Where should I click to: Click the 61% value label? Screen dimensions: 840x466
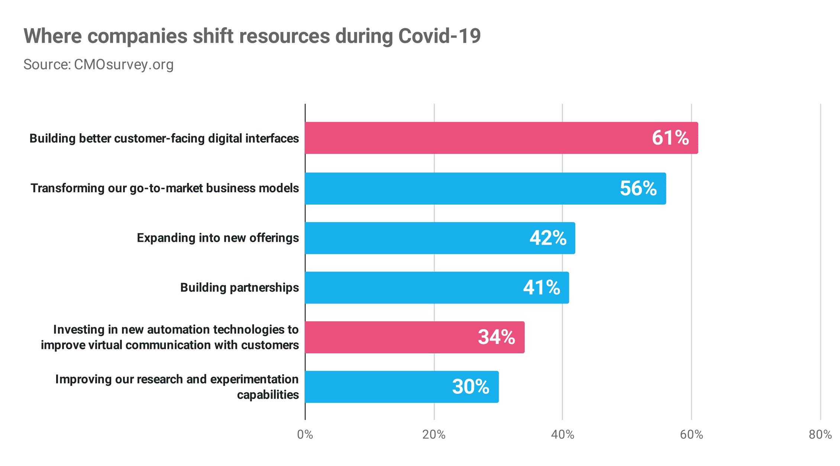[x=670, y=138]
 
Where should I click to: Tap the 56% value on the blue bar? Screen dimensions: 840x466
[x=638, y=188]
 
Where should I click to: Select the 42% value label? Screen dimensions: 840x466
[x=548, y=238]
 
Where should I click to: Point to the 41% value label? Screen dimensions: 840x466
[x=541, y=287]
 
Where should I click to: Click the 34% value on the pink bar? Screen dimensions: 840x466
[x=496, y=337]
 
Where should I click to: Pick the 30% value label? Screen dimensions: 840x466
[x=470, y=387]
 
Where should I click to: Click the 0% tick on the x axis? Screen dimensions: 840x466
[x=305, y=434]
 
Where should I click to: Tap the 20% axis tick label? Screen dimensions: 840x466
[x=434, y=434]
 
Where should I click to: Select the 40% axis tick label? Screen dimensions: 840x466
[x=562, y=434]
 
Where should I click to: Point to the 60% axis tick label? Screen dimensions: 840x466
[x=691, y=434]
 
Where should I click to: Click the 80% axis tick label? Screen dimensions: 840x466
[x=820, y=434]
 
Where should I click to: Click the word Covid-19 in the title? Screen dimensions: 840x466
[x=439, y=36]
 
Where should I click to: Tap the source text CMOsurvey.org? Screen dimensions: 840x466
[x=123, y=65]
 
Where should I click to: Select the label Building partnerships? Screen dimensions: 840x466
[x=239, y=287]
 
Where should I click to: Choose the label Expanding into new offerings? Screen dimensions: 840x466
[x=218, y=238]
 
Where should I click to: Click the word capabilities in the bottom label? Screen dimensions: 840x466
[x=268, y=395]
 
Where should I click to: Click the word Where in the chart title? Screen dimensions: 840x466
[x=52, y=36]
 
